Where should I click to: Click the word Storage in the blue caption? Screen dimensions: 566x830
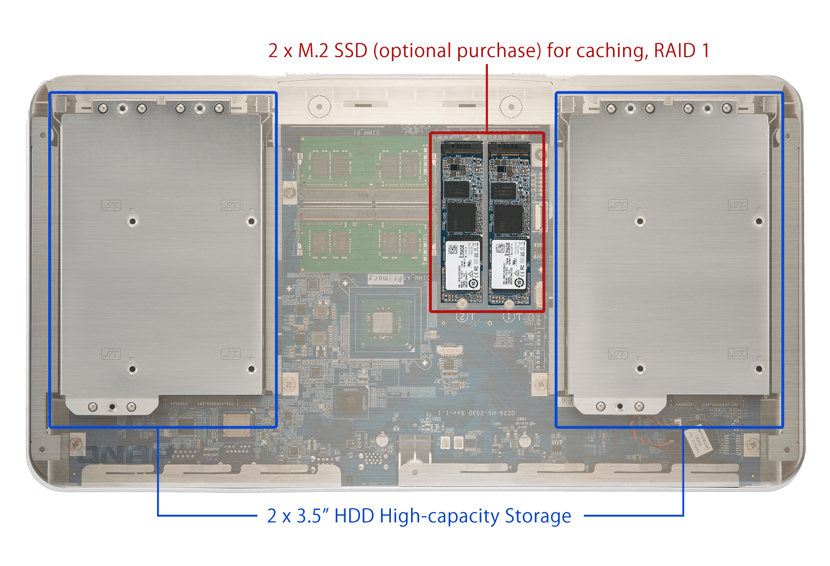coord(538,516)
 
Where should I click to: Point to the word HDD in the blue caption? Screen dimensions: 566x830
coord(354,516)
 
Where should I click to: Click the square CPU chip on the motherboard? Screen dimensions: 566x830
coord(382,323)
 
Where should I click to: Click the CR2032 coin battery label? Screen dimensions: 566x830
coord(698,440)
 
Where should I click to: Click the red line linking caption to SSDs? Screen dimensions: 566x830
coord(487,98)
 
